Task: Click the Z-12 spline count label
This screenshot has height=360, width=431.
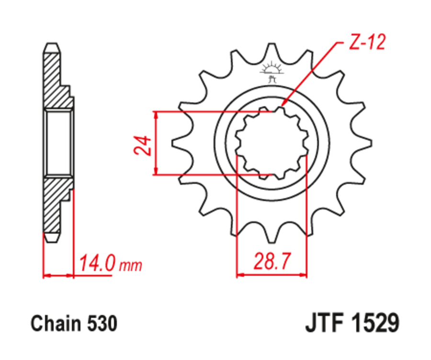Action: click(x=366, y=44)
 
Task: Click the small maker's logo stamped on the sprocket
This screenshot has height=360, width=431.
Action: click(x=272, y=71)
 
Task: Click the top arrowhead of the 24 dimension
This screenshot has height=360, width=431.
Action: click(x=156, y=115)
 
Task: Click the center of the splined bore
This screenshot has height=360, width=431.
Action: click(x=272, y=143)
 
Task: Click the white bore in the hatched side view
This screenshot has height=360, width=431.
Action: click(x=58, y=142)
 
